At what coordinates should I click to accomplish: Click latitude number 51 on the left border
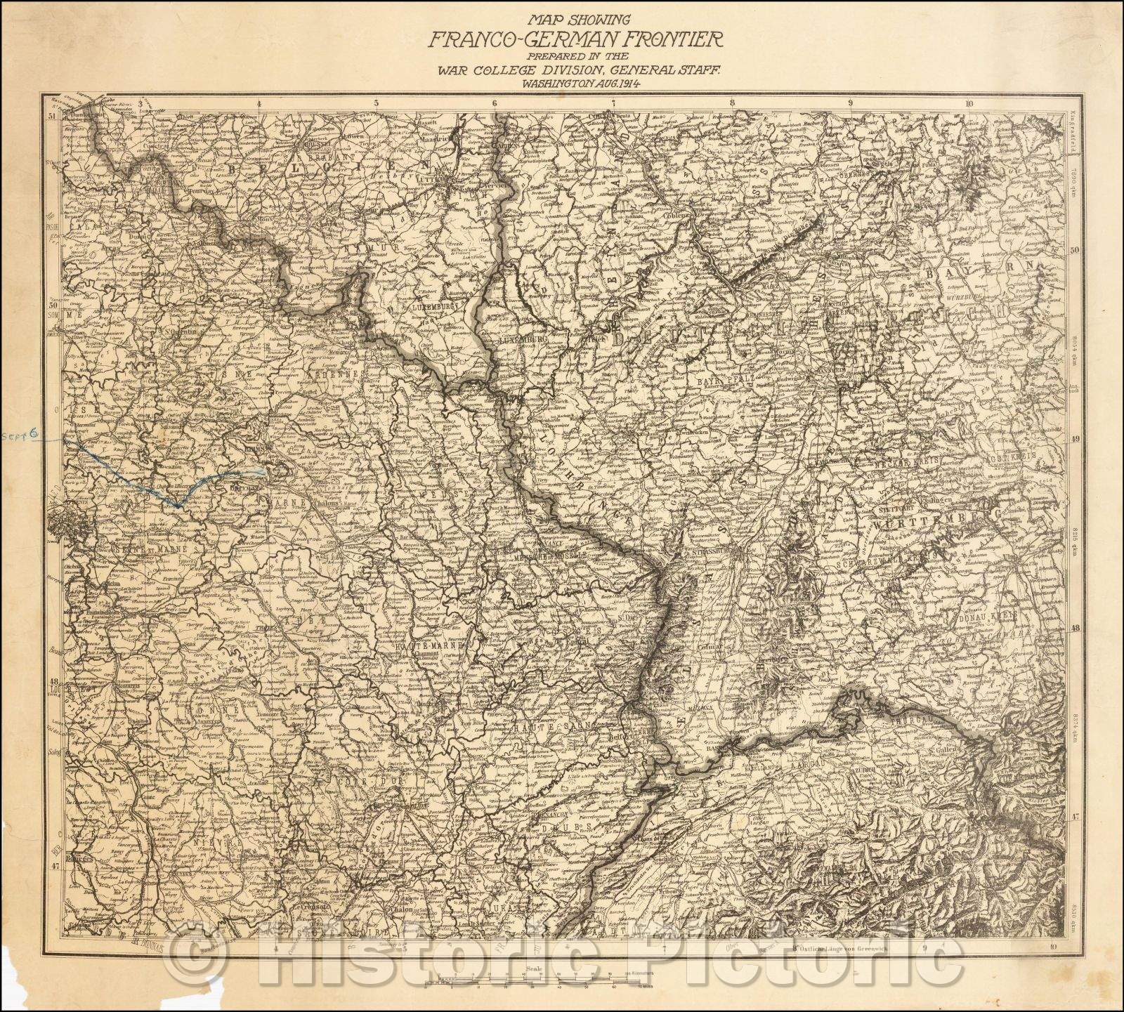click(x=52, y=117)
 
